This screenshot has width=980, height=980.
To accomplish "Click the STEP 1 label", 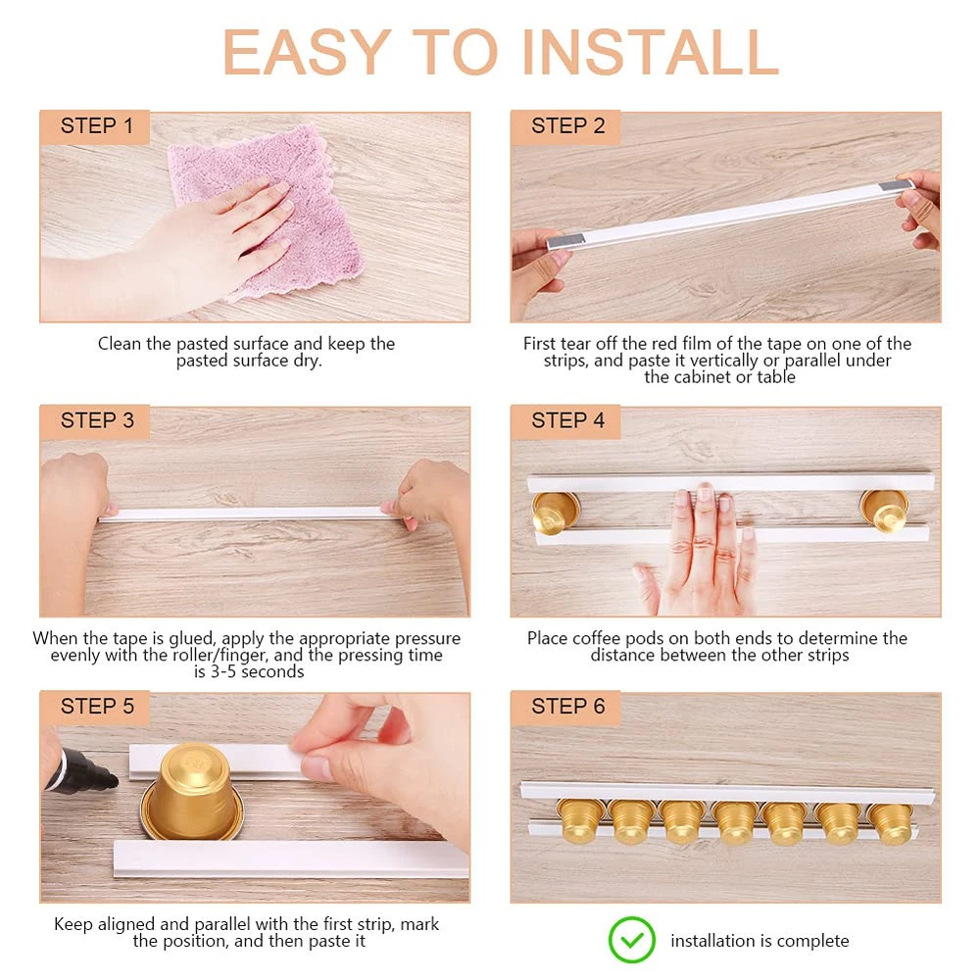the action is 97,125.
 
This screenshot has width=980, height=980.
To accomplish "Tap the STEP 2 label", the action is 568,125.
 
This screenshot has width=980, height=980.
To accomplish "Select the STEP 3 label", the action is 97,420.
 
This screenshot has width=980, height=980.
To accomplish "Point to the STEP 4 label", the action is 568,420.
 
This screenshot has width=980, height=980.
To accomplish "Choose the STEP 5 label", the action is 97,707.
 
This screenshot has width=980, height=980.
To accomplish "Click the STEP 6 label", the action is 568,707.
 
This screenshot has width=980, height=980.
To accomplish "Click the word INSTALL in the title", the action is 650,53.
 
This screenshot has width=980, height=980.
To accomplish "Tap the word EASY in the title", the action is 307,53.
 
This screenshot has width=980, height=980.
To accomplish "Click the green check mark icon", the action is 632,940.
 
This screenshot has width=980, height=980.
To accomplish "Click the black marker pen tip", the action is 112,780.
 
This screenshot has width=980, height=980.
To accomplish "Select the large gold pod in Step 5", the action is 191,791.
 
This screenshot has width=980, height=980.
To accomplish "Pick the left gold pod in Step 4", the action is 556,513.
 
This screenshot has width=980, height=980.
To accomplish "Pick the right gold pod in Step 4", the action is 884,510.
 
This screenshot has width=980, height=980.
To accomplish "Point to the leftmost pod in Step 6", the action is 579,821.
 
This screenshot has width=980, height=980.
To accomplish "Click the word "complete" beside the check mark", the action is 811,941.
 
